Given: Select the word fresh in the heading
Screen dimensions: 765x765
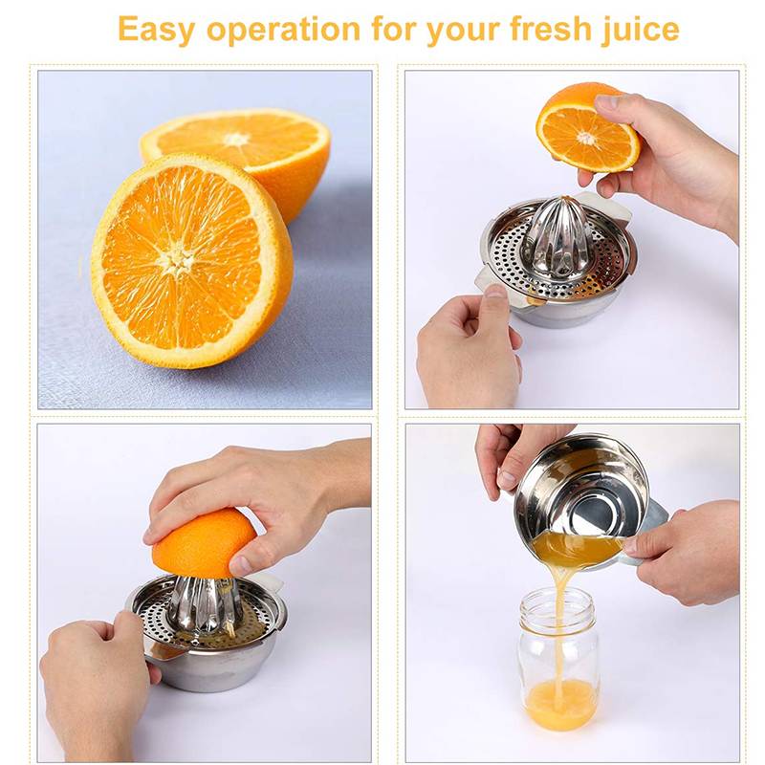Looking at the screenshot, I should (x=531, y=29).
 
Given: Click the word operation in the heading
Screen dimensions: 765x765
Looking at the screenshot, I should (x=281, y=29).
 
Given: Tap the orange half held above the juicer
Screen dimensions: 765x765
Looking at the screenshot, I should (x=585, y=128).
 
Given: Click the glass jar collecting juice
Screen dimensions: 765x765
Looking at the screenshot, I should (x=560, y=660).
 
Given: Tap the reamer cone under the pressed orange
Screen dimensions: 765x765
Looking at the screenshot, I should (x=205, y=602).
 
